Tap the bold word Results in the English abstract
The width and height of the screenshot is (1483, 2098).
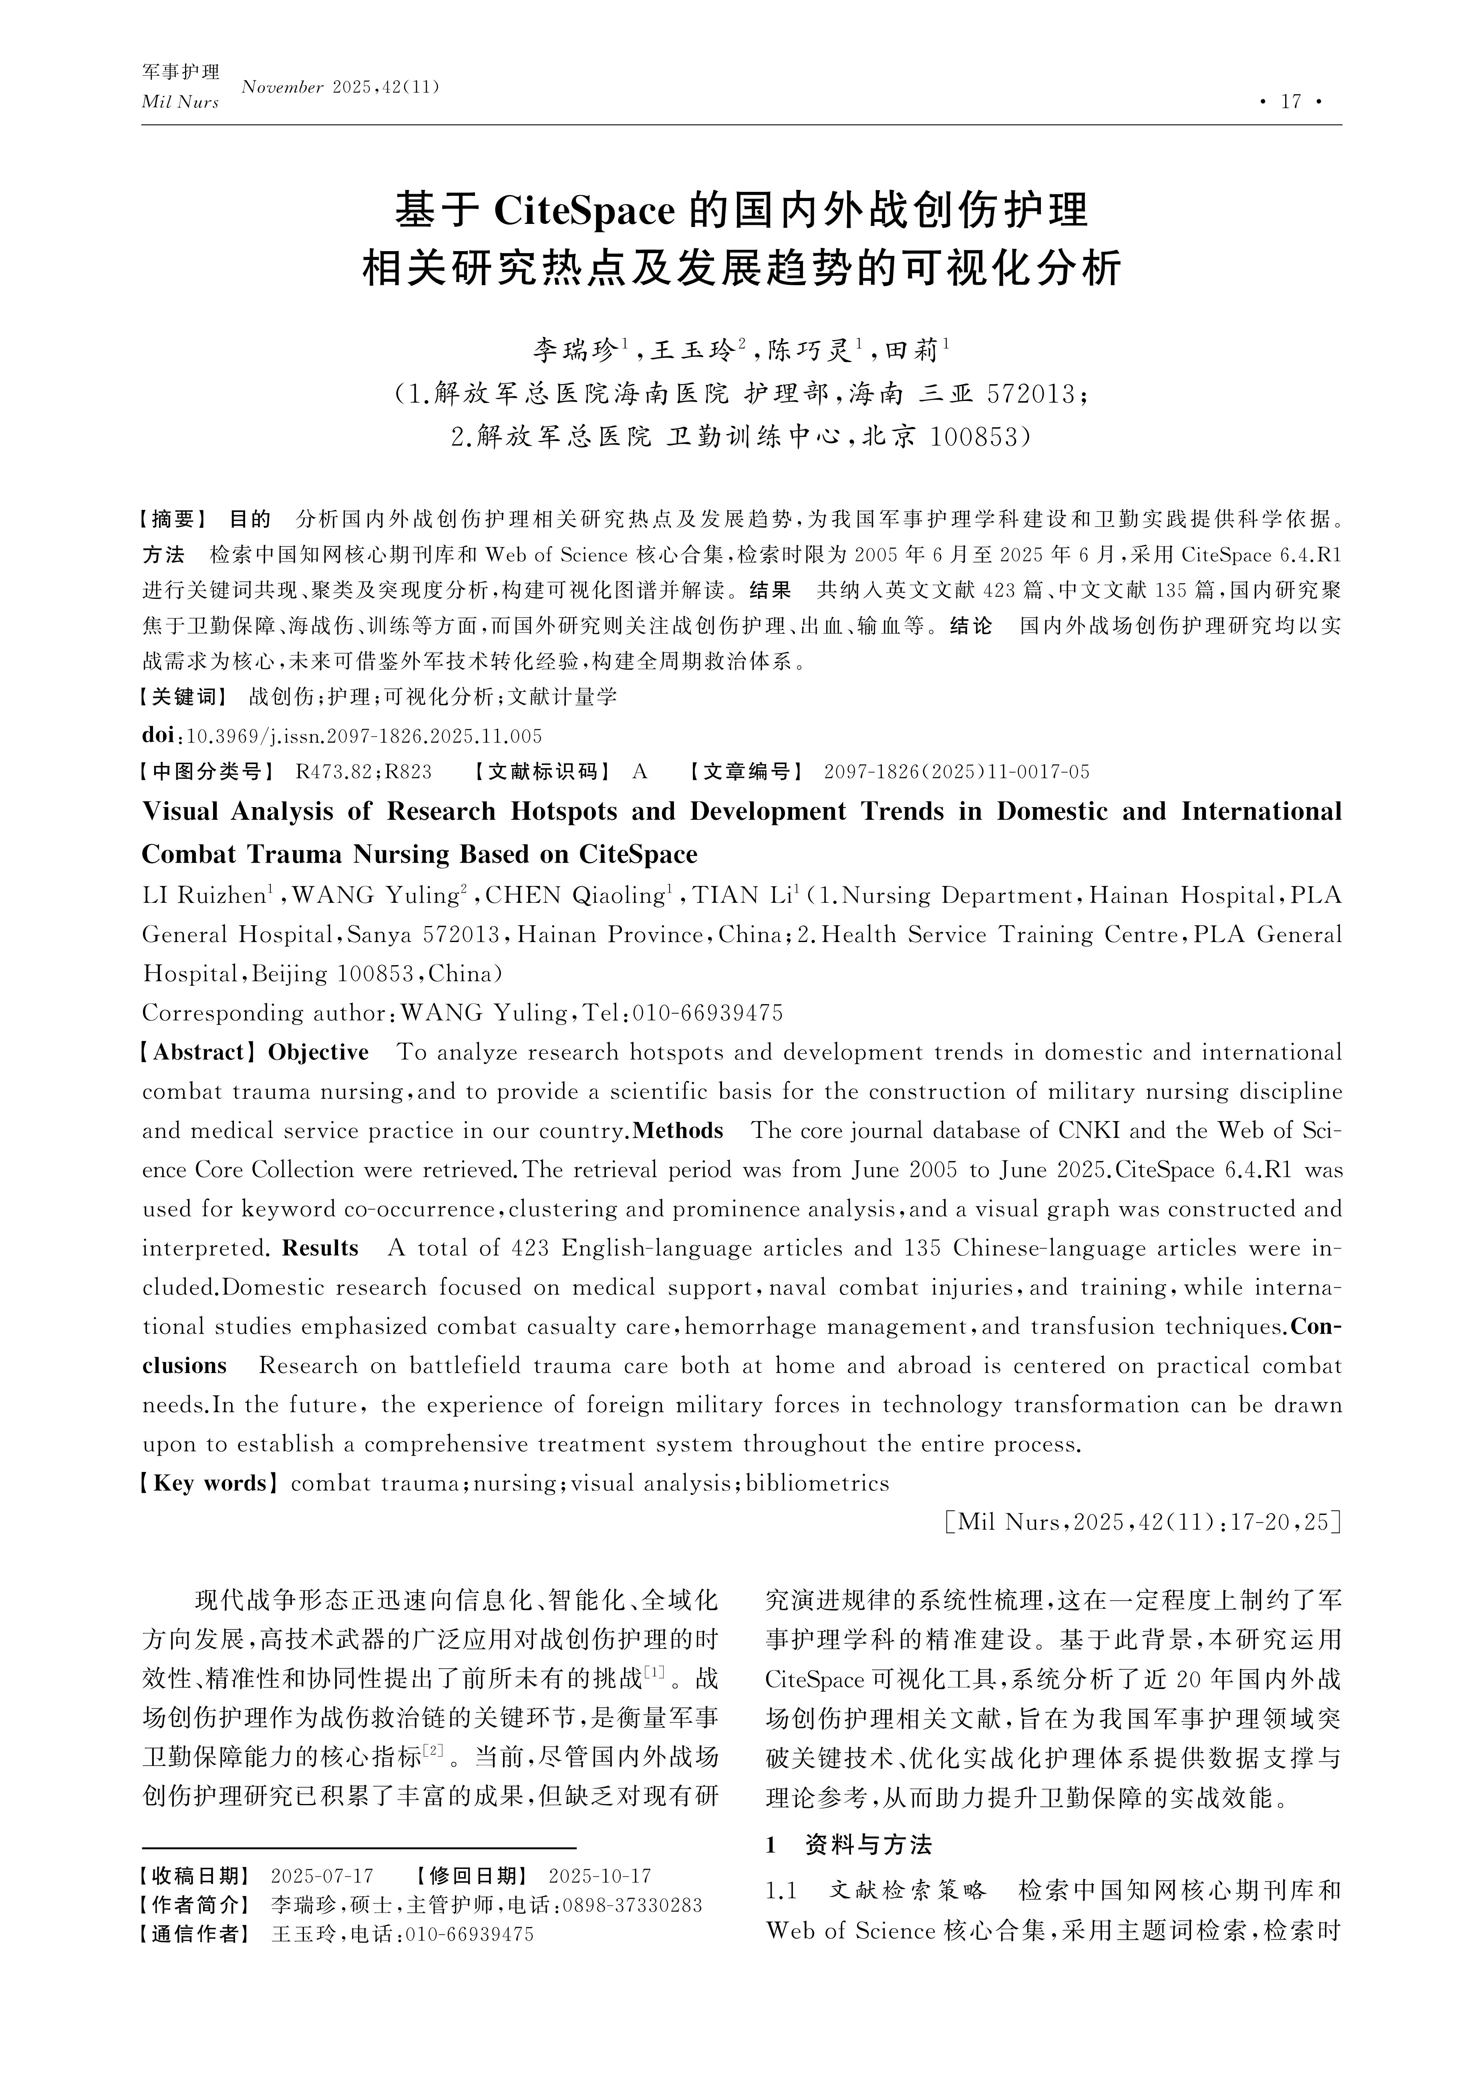pos(320,1248)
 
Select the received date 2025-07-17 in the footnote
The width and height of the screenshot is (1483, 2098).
pos(322,1876)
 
